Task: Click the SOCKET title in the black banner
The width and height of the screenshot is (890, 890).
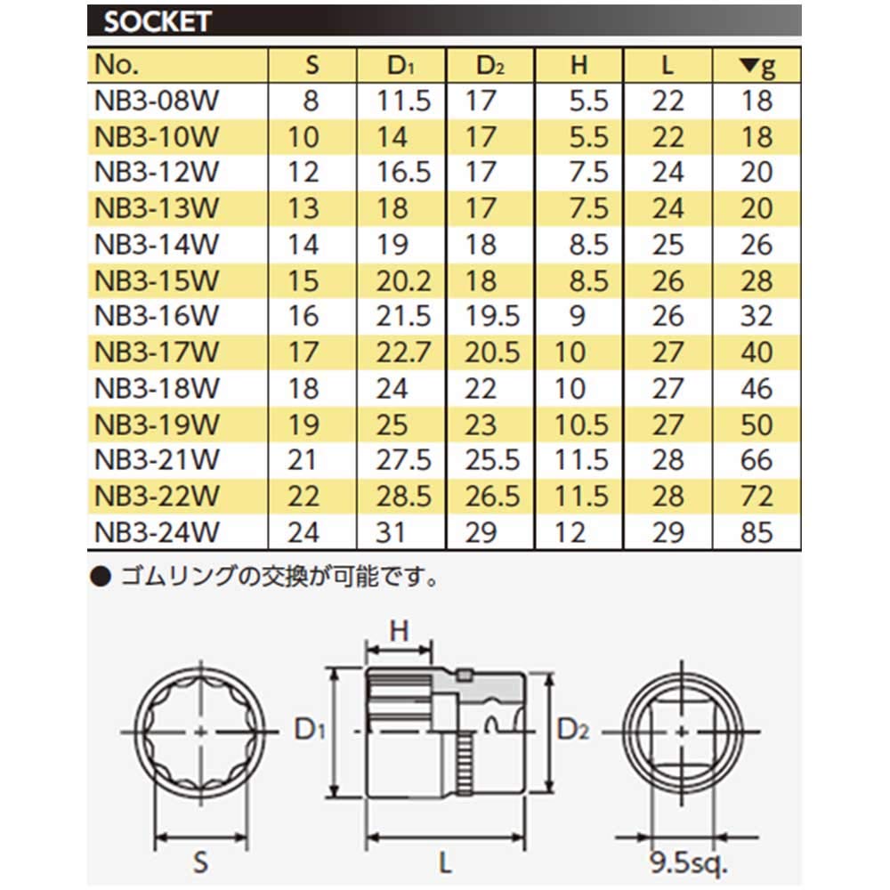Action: [x=157, y=21]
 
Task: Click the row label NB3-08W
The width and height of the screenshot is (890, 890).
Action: [x=156, y=101]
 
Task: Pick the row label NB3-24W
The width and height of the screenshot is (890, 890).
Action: [x=156, y=533]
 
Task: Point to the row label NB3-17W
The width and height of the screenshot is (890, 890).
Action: [x=156, y=352]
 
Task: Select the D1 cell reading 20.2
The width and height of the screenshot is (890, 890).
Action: [x=403, y=280]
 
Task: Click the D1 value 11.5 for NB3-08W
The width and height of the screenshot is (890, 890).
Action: [x=403, y=101]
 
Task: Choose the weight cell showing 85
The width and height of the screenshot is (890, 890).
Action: [x=757, y=533]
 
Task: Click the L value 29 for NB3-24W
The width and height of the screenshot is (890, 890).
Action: [x=667, y=533]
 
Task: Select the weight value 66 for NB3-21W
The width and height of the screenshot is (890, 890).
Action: [x=757, y=461]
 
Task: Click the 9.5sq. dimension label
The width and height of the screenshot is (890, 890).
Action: [x=688, y=862]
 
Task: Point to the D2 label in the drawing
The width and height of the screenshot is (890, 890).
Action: [x=573, y=731]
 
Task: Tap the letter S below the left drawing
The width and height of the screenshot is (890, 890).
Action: [x=201, y=861]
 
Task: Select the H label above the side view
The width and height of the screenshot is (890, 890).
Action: [x=400, y=630]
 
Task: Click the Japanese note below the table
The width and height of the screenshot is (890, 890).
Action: [x=267, y=578]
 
